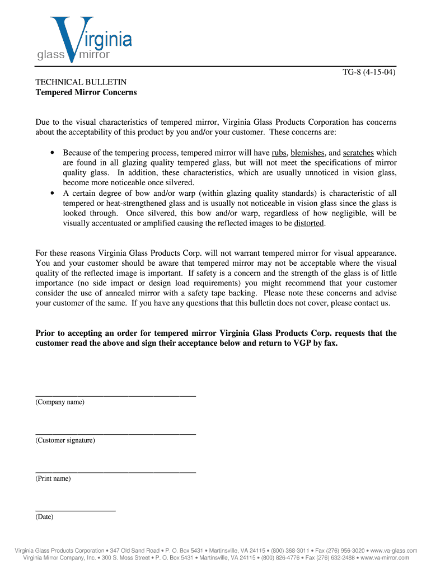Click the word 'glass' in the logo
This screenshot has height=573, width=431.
[x=50, y=55]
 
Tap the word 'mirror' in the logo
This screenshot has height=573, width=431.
[x=95, y=55]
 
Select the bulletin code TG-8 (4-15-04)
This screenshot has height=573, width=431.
[x=369, y=72]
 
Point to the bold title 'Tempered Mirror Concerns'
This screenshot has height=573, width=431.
[x=86, y=92]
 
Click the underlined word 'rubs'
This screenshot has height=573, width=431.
[x=279, y=153]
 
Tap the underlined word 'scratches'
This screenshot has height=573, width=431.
[x=358, y=153]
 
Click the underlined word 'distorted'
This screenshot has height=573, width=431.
[x=309, y=223]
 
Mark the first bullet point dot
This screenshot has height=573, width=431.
[x=51, y=153]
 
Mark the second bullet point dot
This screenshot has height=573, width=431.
[x=51, y=193]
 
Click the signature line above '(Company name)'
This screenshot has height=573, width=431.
[x=115, y=396]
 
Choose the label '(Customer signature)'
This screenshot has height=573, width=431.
[x=65, y=440]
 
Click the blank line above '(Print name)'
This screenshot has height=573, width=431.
[x=115, y=472]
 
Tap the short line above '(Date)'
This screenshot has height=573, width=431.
[x=75, y=510]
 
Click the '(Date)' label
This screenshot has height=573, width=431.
[x=44, y=516]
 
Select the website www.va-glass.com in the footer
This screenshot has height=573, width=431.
[x=394, y=551]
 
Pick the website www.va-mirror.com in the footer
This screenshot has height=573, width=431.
[x=385, y=557]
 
